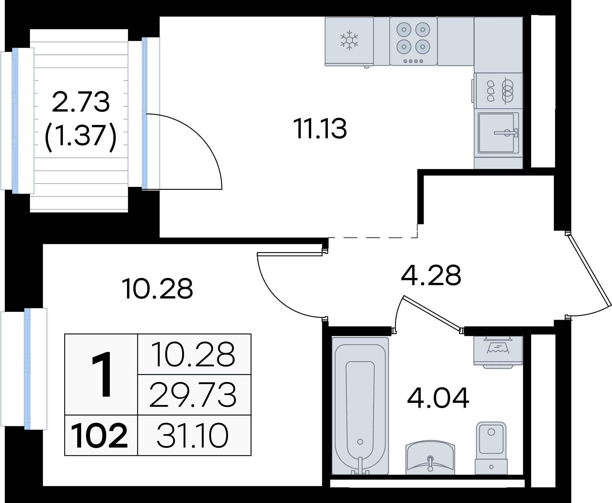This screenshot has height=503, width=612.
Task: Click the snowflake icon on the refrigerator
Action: [349, 40]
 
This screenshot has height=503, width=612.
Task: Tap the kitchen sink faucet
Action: [506, 132]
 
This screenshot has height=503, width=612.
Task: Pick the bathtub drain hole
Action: [360, 442]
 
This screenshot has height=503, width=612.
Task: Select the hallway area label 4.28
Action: [431, 275]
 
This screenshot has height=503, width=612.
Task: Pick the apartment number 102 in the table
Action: [99, 435]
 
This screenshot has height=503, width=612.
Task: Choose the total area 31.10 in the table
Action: [192, 435]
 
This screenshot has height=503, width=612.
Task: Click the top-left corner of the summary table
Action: [65, 334]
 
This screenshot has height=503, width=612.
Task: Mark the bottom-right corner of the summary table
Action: [251, 455]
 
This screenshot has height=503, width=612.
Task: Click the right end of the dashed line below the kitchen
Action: [417, 237]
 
